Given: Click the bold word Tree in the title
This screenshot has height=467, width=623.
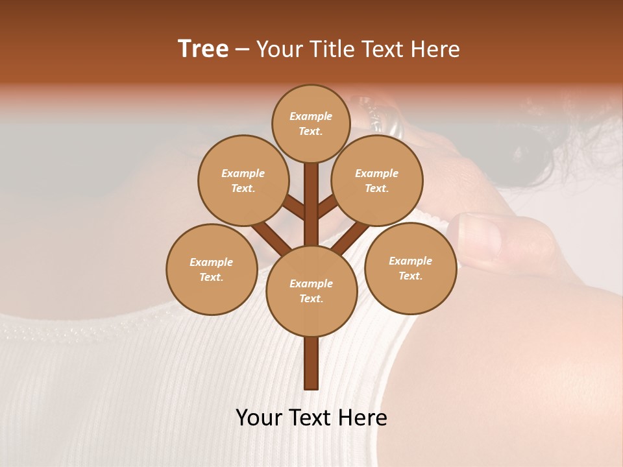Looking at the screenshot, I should pos(203,49).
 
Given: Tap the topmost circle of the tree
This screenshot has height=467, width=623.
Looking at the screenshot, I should pos(311,123).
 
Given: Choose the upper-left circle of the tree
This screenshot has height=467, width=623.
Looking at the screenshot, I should pos(243,180).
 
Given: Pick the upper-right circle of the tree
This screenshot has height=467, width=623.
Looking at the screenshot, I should pos(377,180).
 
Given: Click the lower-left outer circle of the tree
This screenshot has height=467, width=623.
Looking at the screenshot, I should pos(212,269).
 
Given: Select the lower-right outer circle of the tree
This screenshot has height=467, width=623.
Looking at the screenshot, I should pos(410,268).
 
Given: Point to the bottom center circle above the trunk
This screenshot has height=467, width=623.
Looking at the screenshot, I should pos(311,291).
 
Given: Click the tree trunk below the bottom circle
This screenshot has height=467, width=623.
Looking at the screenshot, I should pos(311,363).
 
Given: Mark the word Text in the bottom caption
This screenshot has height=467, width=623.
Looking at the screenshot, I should pos(312,418).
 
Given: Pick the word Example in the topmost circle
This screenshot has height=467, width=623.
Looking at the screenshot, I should pos(311,116).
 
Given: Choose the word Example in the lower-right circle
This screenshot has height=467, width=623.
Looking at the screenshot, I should pos(410,261).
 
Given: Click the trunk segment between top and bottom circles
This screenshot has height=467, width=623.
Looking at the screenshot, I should pos(311,208).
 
